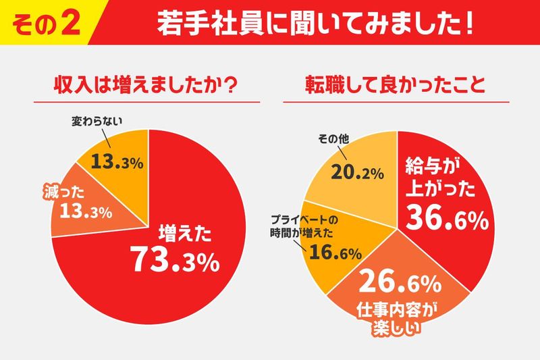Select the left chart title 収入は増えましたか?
click(147, 86)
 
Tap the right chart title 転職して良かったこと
click(394, 86)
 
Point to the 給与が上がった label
click(433, 176)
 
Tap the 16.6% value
click(335, 253)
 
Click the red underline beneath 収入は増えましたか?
click(148, 103)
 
